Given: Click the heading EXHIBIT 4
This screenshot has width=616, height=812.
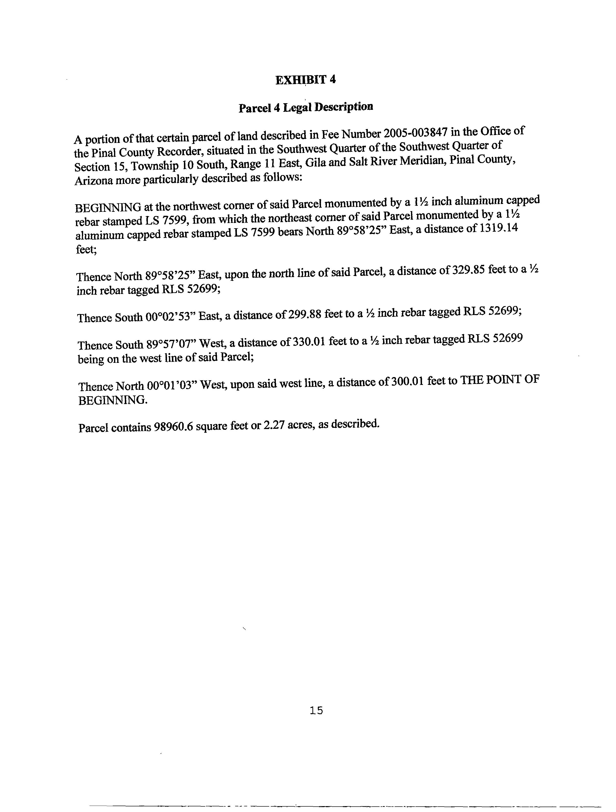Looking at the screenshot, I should tap(306, 80).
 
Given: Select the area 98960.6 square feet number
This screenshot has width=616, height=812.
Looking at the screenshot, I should tap(173, 427).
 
